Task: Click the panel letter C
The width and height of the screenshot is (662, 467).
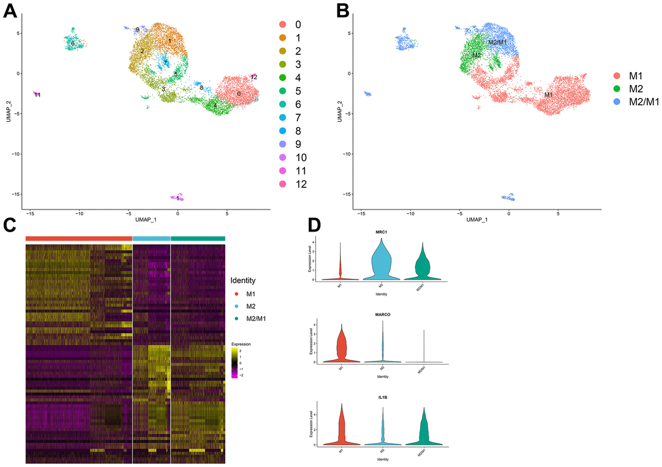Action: click(11, 225)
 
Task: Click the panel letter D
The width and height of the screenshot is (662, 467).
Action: click(314, 225)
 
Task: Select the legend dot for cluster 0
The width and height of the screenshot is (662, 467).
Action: click(284, 25)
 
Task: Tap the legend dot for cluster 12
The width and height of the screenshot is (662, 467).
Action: click(284, 184)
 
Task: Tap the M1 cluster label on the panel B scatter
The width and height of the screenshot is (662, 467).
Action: click(548, 95)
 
